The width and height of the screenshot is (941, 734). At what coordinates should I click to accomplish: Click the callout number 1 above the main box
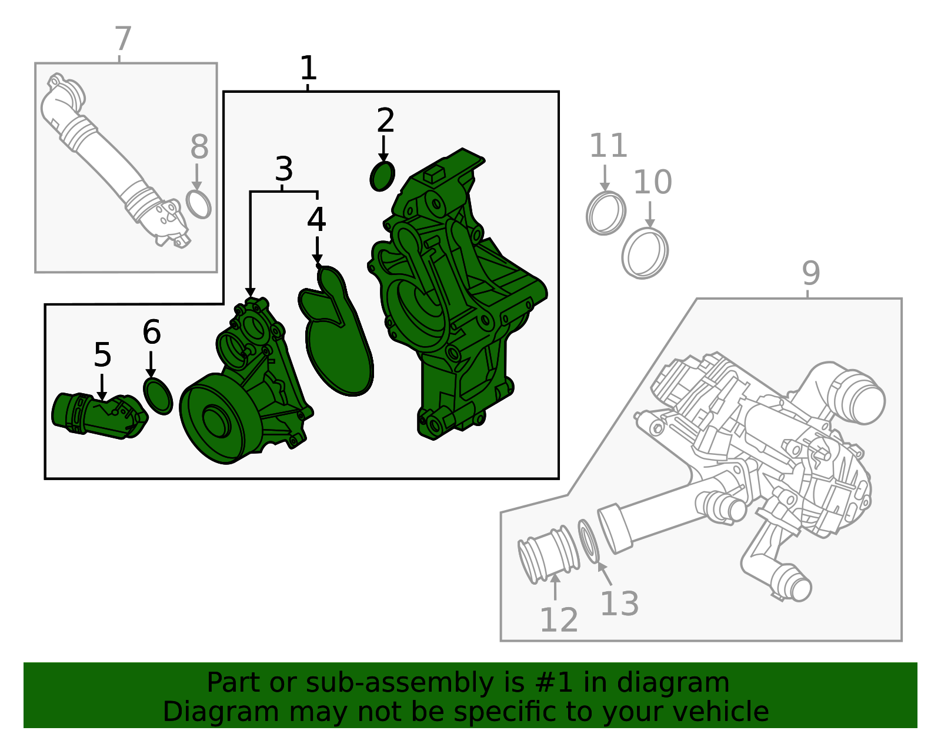309,68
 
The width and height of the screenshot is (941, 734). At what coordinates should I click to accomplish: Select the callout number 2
385,120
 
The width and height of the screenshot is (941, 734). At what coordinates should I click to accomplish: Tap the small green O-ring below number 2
382,176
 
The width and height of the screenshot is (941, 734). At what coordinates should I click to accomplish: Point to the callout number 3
284,169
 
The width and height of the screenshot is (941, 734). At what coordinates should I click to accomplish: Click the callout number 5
103,355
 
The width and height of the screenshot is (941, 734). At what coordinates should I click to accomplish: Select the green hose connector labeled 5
99,415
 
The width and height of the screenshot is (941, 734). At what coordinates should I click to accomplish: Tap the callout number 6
152,332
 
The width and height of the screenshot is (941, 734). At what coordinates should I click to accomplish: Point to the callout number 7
123,39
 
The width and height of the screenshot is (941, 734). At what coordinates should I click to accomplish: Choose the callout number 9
811,273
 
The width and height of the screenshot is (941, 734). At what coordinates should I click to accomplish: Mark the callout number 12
559,620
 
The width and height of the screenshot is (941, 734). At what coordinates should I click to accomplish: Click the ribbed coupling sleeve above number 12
549,555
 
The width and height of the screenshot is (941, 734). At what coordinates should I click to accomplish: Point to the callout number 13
620,604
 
